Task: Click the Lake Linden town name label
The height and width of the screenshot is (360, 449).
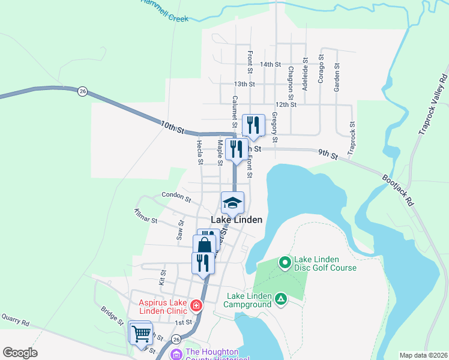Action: (236, 220)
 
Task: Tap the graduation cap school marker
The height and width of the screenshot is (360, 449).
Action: (233, 203)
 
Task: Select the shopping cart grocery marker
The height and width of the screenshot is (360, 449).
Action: (142, 333)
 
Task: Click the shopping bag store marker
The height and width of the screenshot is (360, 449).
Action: (204, 245)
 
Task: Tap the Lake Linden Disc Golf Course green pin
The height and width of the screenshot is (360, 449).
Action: (285, 262)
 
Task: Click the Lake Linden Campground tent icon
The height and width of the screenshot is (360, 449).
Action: (280, 298)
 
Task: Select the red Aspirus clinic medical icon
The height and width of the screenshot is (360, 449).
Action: (195, 307)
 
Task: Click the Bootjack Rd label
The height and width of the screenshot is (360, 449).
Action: (398, 191)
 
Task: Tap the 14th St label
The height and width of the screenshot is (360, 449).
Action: (271, 64)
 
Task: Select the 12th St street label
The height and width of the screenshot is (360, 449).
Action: (286, 104)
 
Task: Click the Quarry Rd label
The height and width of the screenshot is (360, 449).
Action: (15, 321)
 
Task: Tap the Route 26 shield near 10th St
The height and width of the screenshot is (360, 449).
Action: (82, 91)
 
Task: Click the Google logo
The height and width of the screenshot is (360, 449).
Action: (20, 352)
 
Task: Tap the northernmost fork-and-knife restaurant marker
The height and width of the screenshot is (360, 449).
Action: (253, 125)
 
